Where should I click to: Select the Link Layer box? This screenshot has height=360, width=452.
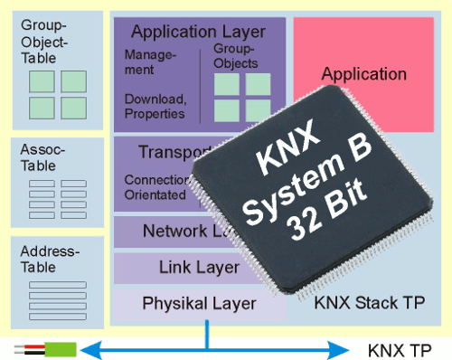tap(186, 267)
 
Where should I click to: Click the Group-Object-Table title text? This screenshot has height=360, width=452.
tap(52, 41)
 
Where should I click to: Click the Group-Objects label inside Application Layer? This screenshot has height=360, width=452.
tap(236, 55)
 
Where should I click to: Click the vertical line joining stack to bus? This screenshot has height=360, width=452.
tap(208, 332)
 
